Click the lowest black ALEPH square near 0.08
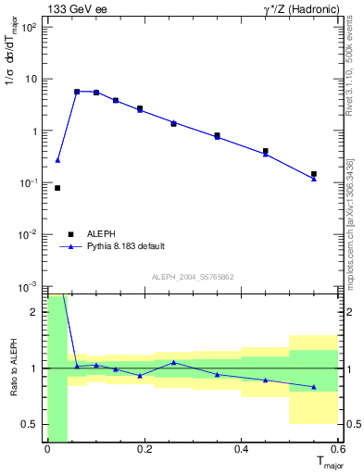click(57, 188)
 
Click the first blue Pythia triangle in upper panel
click(57, 160)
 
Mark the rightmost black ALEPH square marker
click(314, 174)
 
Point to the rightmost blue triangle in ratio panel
click(314, 387)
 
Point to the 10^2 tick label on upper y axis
click(30, 27)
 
